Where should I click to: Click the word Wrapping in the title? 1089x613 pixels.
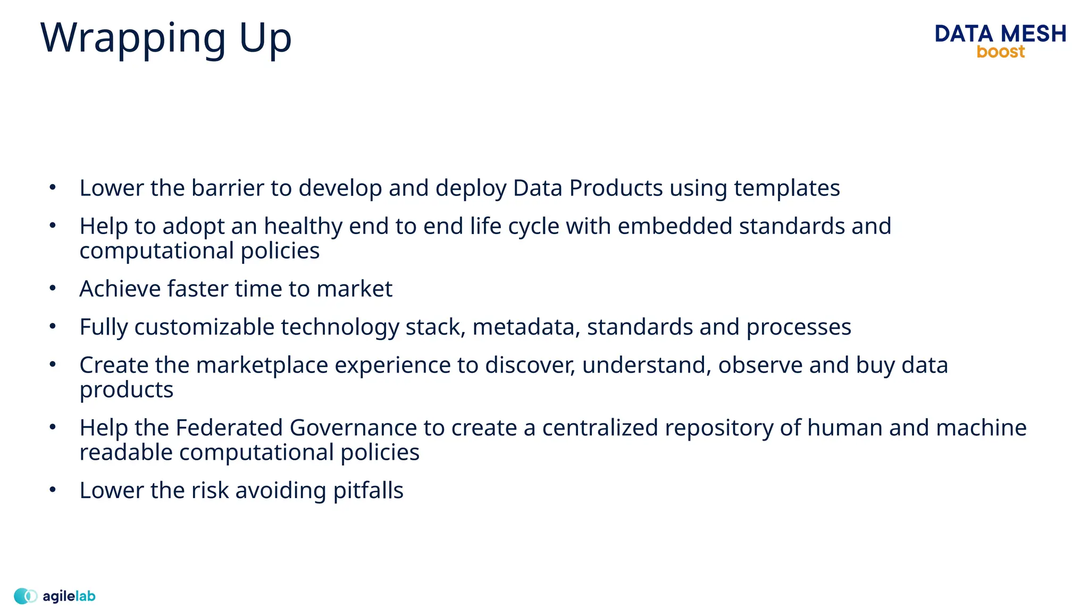tap(133, 39)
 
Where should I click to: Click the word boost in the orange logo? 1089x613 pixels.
tap(1000, 52)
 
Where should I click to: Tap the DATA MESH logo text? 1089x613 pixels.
tap(1000, 34)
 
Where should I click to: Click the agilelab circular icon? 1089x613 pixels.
tap(25, 596)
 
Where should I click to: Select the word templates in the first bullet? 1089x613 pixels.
tap(786, 188)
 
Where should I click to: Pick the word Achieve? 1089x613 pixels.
tap(120, 289)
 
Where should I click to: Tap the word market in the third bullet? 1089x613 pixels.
tap(354, 289)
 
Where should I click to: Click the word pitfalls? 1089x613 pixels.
tap(368, 491)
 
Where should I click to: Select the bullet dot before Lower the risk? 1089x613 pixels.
tap(52, 489)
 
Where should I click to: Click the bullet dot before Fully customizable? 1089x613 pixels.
tap(52, 326)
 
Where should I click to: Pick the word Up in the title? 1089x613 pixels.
tap(265, 39)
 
